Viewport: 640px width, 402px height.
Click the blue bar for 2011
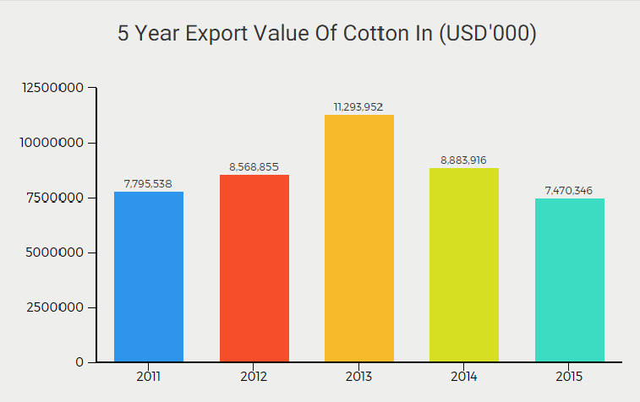[148, 277]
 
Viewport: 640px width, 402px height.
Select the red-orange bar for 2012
[254, 269]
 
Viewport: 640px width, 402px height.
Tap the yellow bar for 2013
[358, 238]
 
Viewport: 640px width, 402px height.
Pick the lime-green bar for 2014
[463, 265]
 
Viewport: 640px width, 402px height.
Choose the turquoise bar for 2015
[569, 280]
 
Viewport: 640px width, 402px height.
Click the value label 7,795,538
[148, 183]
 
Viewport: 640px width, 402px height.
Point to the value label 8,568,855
[254, 166]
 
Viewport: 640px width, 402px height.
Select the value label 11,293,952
[358, 106]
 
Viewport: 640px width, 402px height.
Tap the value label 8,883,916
[463, 160]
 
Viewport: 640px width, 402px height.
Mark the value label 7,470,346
[569, 190]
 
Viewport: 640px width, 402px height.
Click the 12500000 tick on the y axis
[52, 88]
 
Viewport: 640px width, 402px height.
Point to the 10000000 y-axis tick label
[52, 143]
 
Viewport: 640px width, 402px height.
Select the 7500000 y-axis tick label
[56, 198]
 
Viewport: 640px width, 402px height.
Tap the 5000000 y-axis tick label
[56, 253]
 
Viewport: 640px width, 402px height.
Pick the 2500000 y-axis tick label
[56, 307]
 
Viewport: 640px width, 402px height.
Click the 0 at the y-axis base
[79, 362]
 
